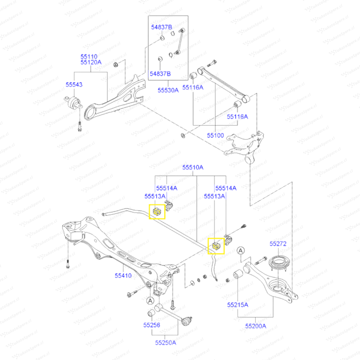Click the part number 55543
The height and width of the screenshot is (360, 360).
pos(74,85)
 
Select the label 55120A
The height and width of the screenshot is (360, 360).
pos(90,62)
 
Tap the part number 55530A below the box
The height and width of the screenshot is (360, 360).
pos(168,90)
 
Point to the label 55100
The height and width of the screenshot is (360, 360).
pos(215,136)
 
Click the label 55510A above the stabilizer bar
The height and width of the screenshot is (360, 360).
pos(193,167)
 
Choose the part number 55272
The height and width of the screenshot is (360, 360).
pos(278,244)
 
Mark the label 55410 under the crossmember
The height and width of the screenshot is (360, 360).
pos(123,276)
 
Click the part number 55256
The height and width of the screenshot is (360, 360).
pos(152,325)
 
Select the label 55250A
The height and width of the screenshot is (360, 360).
pos(165,342)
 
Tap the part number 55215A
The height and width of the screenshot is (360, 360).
pos(238,305)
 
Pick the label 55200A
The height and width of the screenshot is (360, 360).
pos(256,326)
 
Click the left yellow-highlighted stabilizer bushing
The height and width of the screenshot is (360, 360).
pos(157,212)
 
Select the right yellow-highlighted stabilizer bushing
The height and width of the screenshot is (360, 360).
pos(216,246)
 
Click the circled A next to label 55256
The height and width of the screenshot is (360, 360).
pos(150,301)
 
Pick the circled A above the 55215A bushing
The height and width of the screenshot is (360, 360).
pos(241,250)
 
